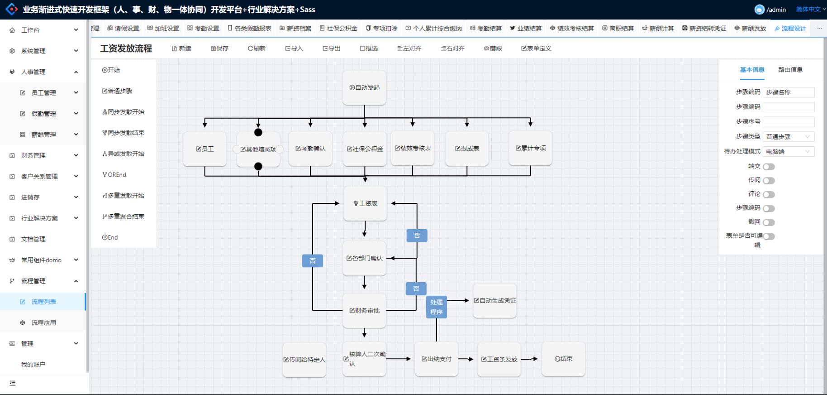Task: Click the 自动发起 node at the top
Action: click(364, 88)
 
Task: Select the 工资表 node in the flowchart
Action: click(365, 203)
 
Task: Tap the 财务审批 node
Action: click(364, 311)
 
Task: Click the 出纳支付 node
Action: click(437, 359)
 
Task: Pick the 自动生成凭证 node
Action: click(495, 301)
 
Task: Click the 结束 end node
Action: click(564, 359)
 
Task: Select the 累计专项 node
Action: click(531, 148)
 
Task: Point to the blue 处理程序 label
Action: click(437, 307)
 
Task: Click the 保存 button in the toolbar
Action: click(220, 48)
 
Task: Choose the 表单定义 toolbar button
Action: click(537, 48)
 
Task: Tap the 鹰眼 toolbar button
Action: click(493, 48)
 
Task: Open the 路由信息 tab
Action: click(790, 70)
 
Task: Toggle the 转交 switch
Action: click(769, 167)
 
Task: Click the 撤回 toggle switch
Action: click(769, 222)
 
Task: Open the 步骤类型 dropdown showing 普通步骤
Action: click(789, 137)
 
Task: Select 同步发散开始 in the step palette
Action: click(124, 112)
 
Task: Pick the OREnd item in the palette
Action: click(114, 175)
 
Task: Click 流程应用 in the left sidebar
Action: click(44, 323)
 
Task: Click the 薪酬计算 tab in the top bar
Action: click(658, 28)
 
